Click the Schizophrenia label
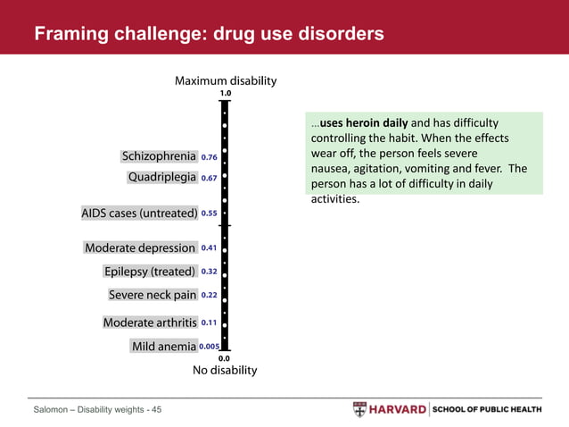click(159, 157)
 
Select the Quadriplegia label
click(162, 178)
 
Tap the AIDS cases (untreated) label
click(139, 213)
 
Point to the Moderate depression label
click(140, 247)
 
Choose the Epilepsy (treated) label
click(150, 272)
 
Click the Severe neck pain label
click(153, 295)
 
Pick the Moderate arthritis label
click(150, 322)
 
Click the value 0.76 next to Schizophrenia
click(210, 157)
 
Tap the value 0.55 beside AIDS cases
click(210, 213)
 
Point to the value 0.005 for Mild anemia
click(210, 347)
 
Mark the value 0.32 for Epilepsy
click(210, 272)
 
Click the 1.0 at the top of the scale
click(225, 93)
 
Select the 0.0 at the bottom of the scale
click(225, 358)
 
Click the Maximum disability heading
click(225, 80)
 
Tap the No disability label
click(225, 370)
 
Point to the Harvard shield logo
click(359, 410)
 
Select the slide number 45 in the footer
click(156, 410)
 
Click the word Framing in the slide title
click(68, 34)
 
